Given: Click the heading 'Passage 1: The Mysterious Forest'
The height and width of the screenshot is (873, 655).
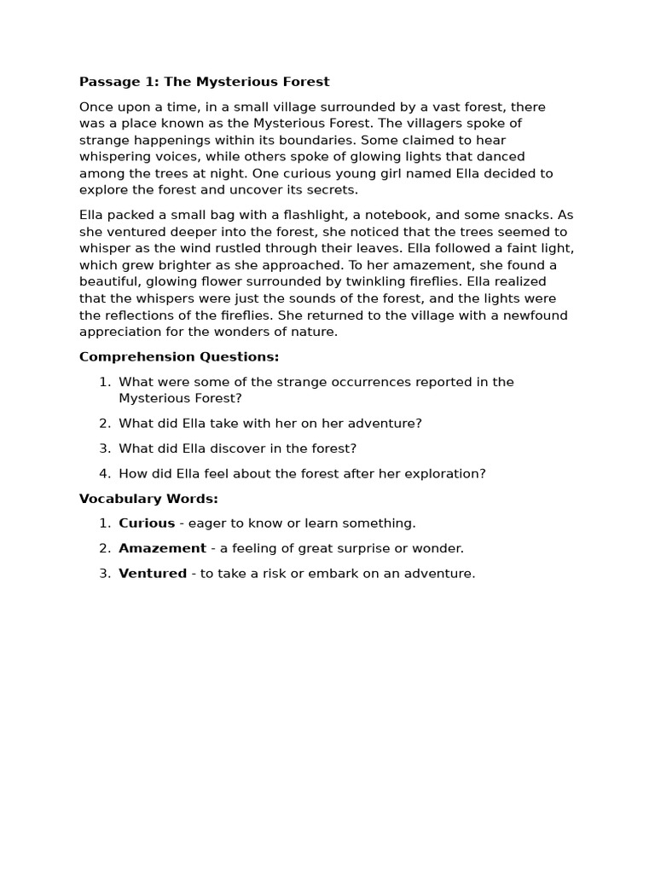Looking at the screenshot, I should tap(204, 82).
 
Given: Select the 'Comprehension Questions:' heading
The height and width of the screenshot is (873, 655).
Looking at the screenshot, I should tap(179, 356).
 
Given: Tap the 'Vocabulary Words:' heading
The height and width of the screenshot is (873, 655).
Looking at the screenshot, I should tap(148, 498).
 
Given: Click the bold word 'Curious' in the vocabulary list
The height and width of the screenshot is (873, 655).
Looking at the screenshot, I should tap(147, 523).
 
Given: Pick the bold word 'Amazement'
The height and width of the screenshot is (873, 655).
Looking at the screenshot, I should tap(162, 548).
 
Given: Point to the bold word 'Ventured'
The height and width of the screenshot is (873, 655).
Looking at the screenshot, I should tap(153, 574).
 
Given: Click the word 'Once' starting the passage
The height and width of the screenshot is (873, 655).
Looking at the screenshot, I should tap(96, 107).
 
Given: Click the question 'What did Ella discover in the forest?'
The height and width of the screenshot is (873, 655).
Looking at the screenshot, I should tap(237, 448).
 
